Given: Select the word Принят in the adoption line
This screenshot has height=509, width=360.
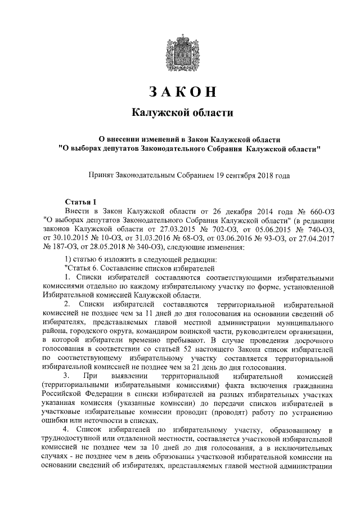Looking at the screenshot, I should tap(100, 175).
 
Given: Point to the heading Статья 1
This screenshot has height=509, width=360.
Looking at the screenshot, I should tap(81, 201).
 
